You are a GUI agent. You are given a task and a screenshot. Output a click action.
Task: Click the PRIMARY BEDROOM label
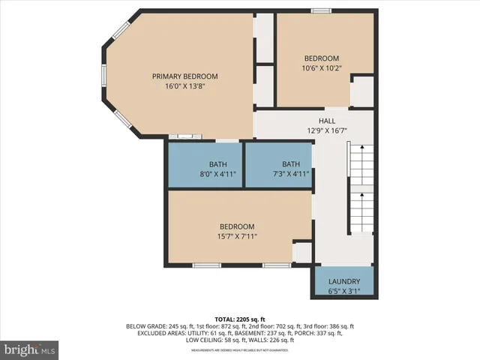[184, 76]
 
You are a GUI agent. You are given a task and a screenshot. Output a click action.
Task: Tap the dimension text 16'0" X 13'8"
[184, 86]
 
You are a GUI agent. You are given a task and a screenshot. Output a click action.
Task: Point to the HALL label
[327, 121]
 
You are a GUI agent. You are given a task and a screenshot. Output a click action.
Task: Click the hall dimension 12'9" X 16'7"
[327, 130]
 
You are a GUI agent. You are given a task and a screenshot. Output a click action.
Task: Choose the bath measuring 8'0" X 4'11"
[217, 174]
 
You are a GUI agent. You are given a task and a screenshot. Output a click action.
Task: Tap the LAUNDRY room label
[343, 282]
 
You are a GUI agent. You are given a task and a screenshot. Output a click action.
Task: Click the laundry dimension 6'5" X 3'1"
[343, 292]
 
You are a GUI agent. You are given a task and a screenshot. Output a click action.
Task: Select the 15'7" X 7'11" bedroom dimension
[237, 237]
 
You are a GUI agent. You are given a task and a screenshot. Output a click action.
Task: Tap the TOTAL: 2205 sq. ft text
[240, 319]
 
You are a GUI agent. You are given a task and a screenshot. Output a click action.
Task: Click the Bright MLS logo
[30, 349]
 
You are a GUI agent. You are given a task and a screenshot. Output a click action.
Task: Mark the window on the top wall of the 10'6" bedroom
[322, 10]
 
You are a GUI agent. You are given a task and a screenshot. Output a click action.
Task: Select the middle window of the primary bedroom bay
[104, 74]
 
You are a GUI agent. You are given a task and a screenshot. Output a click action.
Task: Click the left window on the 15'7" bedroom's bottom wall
[207, 265]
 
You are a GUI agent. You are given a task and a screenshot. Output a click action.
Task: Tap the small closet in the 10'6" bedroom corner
[362, 91]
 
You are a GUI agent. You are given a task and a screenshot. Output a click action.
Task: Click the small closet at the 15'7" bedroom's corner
[302, 253]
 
